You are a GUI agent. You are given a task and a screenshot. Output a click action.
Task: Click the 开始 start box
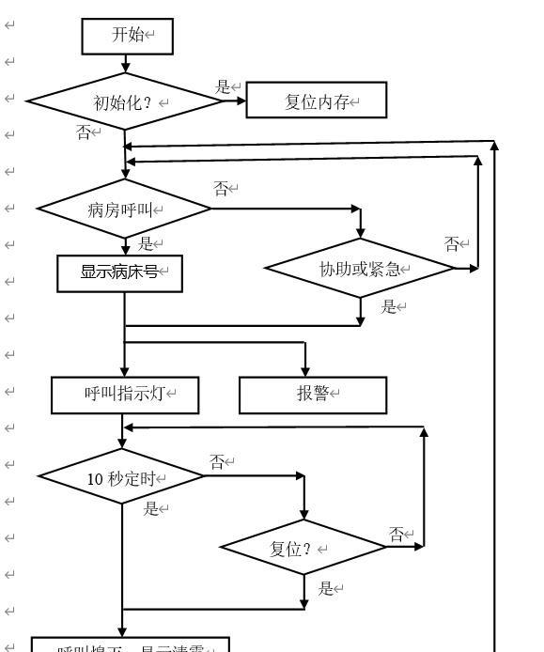tap(127, 36)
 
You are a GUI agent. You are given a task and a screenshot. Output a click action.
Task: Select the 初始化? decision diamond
tap(124, 101)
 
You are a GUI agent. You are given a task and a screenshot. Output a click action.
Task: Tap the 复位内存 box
tap(317, 101)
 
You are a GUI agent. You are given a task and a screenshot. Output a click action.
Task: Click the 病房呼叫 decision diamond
tap(124, 210)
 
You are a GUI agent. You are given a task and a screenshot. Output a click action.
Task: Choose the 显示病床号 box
tap(119, 272)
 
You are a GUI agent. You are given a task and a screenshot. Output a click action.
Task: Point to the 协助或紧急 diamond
tap(360, 270)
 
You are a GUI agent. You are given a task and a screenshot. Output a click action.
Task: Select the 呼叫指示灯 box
tap(125, 395)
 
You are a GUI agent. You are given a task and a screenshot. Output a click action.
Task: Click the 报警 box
tap(313, 395)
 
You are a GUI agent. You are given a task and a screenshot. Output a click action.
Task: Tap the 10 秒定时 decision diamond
tap(122, 478)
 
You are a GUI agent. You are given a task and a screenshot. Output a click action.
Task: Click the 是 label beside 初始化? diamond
tap(223, 87)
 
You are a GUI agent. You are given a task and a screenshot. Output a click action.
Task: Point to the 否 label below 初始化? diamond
tap(84, 132)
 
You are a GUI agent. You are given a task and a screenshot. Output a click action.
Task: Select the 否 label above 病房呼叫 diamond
tap(221, 189)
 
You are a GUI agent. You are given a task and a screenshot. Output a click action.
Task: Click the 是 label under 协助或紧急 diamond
tap(388, 306)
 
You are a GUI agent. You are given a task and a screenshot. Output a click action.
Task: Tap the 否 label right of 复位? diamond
tap(396, 535)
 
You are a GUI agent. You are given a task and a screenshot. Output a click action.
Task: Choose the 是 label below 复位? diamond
tap(326, 589)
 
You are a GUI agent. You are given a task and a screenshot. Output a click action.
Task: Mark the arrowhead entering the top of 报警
tap(305, 372)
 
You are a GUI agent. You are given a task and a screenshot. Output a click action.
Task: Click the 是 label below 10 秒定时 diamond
tap(150, 509)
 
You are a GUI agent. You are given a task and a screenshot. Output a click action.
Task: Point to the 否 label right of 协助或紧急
tap(452, 244)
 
